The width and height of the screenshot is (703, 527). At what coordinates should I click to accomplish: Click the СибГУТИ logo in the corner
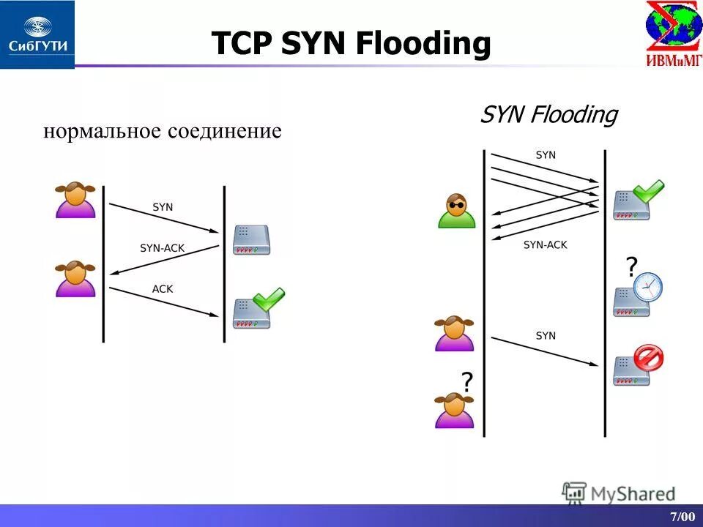[37, 34]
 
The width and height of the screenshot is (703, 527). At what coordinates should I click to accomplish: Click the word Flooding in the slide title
[423, 43]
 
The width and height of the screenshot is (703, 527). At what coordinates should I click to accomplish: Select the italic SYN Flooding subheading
[548, 115]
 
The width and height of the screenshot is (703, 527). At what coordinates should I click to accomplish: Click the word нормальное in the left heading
[102, 132]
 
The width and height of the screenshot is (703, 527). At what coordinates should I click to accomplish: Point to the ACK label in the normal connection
[163, 288]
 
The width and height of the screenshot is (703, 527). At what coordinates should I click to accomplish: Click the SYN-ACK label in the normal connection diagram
[163, 248]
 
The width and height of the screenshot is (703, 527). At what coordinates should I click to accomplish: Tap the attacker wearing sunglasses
[456, 211]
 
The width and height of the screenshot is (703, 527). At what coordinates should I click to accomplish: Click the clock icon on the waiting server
[647, 287]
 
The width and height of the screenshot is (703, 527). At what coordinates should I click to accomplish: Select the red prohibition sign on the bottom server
[648, 358]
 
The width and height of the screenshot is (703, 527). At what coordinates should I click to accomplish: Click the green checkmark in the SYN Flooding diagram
[648, 192]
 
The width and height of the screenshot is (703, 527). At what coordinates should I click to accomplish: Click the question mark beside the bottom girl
[466, 381]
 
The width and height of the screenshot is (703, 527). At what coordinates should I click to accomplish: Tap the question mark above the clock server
[631, 265]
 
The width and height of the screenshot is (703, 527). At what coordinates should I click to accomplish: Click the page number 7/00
[682, 517]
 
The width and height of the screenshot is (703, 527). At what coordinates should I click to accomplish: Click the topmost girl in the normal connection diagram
[75, 200]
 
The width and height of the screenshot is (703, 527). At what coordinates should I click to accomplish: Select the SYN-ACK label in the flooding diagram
[546, 245]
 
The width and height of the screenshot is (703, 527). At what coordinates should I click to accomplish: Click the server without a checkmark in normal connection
[251, 240]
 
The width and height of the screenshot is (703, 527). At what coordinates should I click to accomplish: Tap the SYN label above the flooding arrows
[546, 155]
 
